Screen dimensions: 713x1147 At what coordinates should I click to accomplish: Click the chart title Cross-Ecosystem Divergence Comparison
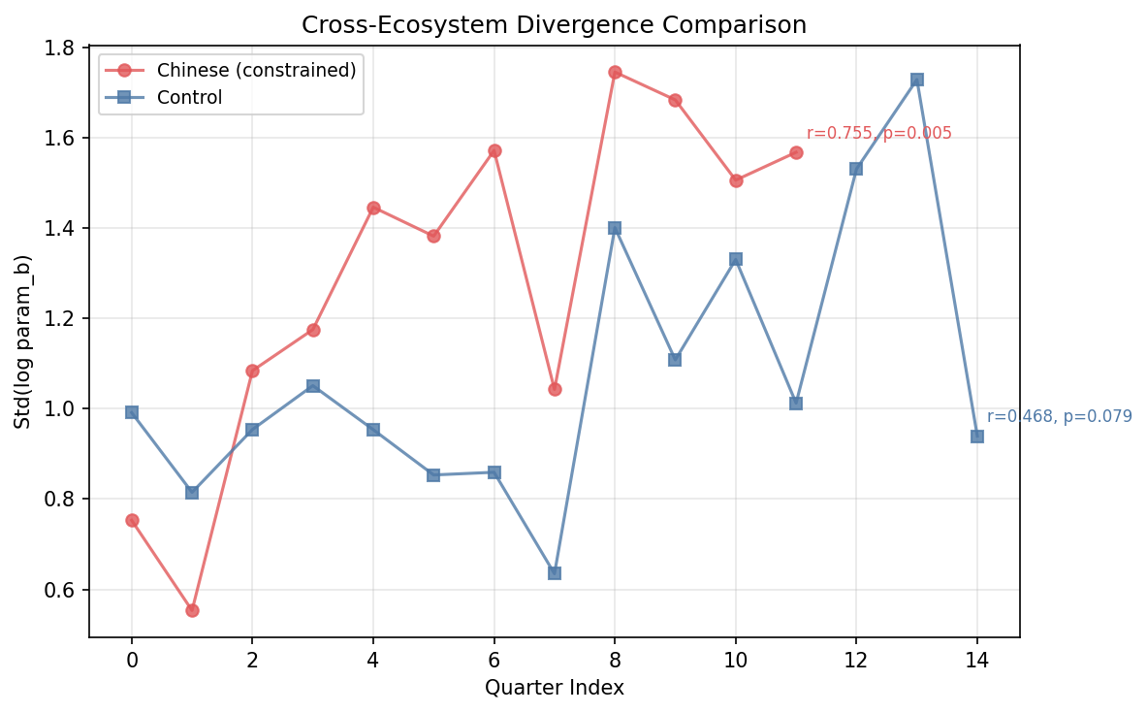coord(554,25)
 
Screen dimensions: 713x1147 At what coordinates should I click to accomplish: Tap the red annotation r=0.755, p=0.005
coord(878,134)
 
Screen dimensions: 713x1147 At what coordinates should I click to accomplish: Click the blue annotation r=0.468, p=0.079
coord(1059,417)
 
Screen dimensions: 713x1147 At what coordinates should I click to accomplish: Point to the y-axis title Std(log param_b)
coord(23,341)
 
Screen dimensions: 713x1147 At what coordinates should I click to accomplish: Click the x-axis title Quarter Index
coord(554,688)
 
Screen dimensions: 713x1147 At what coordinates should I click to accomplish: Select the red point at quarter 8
coord(615,72)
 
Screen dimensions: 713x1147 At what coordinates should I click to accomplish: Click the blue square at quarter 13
coord(916,80)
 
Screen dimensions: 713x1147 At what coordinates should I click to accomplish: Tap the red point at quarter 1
coord(192,610)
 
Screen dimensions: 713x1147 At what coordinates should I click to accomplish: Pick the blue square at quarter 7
coord(555,573)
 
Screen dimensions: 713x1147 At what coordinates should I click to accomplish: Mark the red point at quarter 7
coord(555,389)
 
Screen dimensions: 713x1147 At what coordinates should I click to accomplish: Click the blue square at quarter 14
coord(977,437)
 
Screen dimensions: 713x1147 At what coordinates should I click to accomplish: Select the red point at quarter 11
coord(796,152)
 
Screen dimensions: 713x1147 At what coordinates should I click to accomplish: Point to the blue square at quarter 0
coord(132,412)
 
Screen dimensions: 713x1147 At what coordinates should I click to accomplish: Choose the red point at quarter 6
coord(494,150)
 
